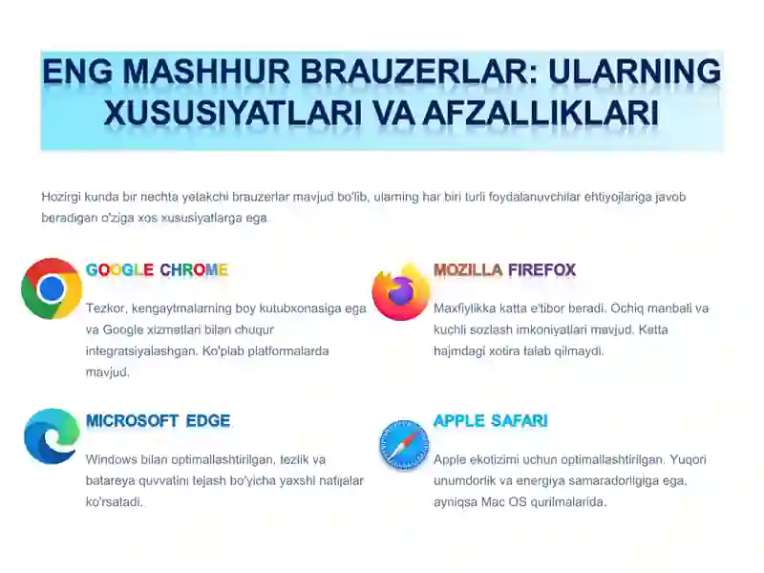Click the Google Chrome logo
(x=52, y=288)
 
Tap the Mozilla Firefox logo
(x=400, y=291)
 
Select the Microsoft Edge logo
(x=52, y=436)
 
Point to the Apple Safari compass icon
(x=404, y=445)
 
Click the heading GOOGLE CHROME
(x=157, y=270)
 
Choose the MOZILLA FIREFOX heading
(x=504, y=270)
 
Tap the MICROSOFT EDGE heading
(x=158, y=421)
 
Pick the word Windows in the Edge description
(x=111, y=459)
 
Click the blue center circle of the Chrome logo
(x=52, y=288)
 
